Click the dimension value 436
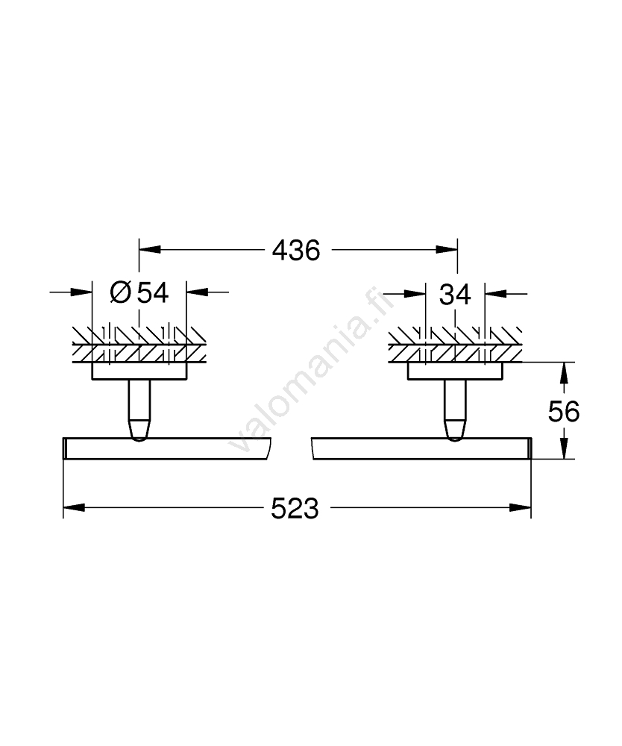tap(296, 250)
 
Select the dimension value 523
tap(295, 509)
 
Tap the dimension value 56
tap(564, 412)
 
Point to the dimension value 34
tap(455, 295)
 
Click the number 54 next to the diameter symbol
tap(153, 292)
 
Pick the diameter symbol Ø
tap(120, 292)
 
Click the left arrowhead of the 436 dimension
tap(149, 249)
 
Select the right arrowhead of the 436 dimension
tap(447, 249)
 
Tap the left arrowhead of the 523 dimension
tap(74, 508)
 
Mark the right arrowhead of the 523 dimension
tap(521, 508)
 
